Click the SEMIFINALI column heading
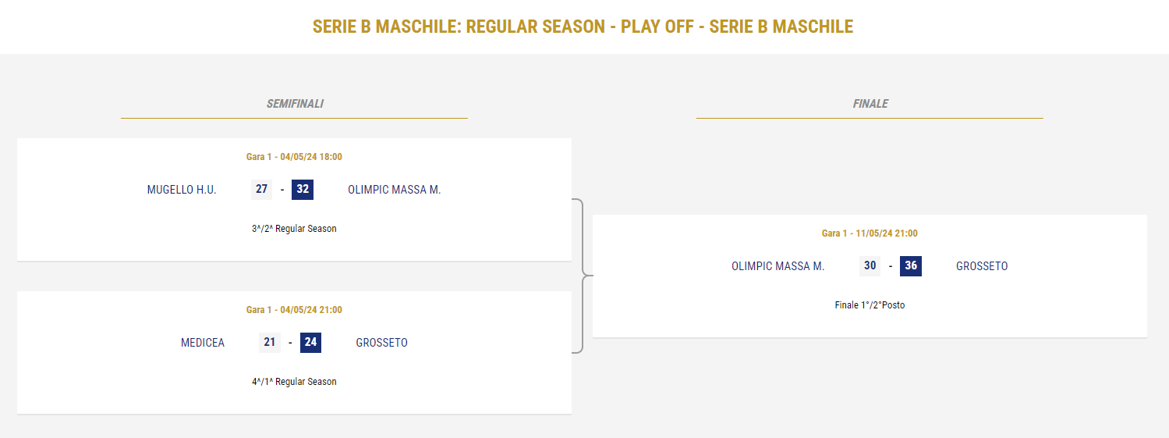tap(295, 104)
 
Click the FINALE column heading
tap(870, 104)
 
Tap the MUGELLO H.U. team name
tap(181, 189)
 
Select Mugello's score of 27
tap(261, 189)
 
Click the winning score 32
tap(303, 189)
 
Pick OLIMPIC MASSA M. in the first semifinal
tap(394, 189)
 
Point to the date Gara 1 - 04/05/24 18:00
tap(294, 157)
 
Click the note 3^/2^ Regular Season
tap(294, 229)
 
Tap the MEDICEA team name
tap(203, 342)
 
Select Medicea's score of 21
tap(269, 342)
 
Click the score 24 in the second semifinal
tap(310, 342)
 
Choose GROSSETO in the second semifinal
tap(381, 342)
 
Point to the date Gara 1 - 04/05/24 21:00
tap(294, 310)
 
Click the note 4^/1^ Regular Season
tap(294, 382)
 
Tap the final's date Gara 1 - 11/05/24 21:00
tap(870, 233)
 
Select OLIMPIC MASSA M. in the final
tap(778, 266)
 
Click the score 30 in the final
tap(870, 266)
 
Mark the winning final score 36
tap(911, 266)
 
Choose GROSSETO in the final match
tap(982, 266)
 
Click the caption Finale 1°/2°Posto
tap(870, 304)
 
